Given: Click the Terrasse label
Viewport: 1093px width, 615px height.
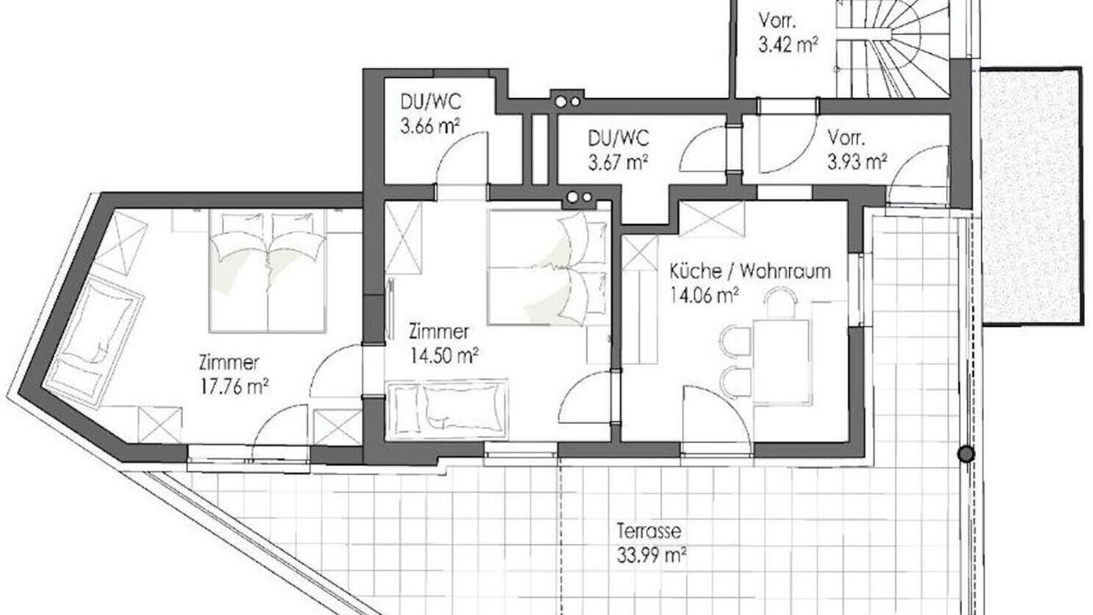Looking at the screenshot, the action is tap(648, 531).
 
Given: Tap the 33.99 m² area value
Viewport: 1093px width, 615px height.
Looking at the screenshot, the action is tap(652, 555).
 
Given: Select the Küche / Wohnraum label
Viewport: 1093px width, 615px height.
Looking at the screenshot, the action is tap(750, 272).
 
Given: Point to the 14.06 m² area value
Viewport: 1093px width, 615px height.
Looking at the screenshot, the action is tap(703, 296).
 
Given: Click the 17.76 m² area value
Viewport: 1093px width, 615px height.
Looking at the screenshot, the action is tap(234, 387).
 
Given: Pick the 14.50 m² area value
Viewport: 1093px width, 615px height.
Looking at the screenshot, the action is tap(443, 355).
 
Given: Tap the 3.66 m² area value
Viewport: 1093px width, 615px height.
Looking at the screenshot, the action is tap(430, 127).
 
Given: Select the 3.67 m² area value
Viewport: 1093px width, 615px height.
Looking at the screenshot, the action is tap(617, 162).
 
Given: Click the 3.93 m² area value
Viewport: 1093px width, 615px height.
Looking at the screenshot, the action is tap(857, 161).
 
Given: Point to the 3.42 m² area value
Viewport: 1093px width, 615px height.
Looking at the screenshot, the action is tap(788, 45).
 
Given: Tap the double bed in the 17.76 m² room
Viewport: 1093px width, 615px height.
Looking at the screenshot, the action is tap(267, 271).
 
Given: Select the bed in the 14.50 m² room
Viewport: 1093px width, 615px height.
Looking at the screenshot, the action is tap(549, 267).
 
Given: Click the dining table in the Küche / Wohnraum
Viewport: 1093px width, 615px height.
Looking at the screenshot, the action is tap(781, 361).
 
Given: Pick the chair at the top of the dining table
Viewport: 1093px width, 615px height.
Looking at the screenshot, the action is tap(780, 302).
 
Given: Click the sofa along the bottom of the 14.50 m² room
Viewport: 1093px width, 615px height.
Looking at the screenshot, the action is tap(447, 409).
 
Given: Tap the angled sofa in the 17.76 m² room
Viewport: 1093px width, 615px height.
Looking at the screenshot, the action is tap(93, 342).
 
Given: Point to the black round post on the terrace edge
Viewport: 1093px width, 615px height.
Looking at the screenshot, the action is tap(966, 454).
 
